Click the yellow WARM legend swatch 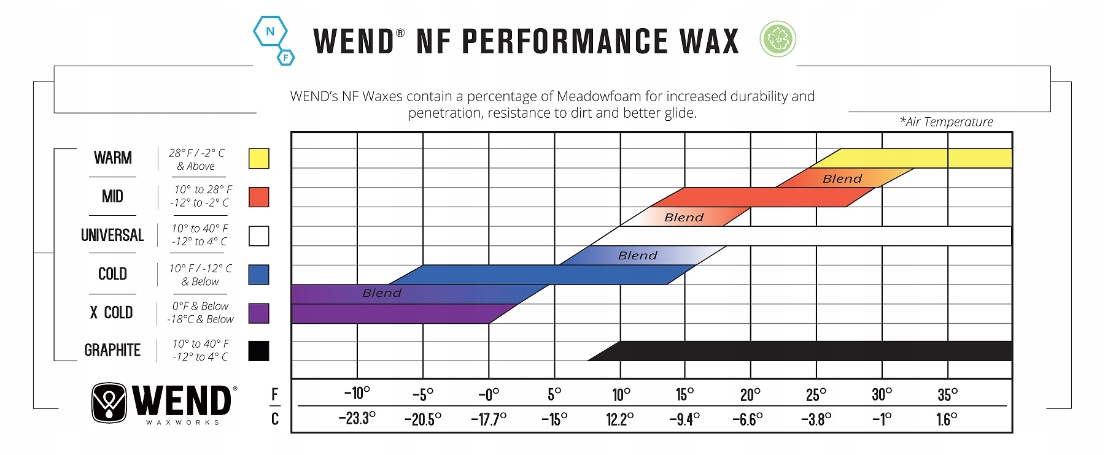coord(258,158)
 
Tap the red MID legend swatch coord(258,197)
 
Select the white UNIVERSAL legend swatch coord(258,235)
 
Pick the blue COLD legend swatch coord(258,274)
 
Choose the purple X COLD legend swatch coord(258,313)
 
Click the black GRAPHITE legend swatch coord(258,351)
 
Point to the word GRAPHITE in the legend coord(112,350)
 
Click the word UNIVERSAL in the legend coord(112,235)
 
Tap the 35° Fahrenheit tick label coord(947,395)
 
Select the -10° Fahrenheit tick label coord(357,393)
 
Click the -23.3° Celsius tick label coord(357,419)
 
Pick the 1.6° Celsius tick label coord(947,419)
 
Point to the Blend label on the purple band coord(382,293)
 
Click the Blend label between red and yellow coord(842,178)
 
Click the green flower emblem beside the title coord(778,39)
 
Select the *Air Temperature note coord(946,122)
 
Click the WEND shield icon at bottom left coord(109,403)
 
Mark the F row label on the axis coord(275,395)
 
